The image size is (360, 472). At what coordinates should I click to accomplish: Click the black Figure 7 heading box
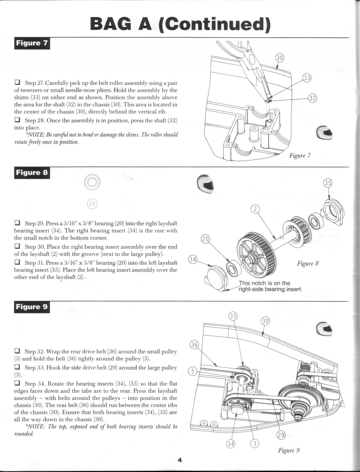[x=32, y=43]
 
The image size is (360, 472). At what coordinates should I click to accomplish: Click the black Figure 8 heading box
[x=32, y=173]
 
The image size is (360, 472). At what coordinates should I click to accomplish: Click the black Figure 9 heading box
[x=32, y=307]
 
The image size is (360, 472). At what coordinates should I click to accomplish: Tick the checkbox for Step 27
[x=17, y=83]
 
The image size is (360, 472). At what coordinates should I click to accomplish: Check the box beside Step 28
[x=17, y=120]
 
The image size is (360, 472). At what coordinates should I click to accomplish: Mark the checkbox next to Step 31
[x=17, y=262]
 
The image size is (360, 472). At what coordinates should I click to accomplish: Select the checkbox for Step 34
[x=17, y=383]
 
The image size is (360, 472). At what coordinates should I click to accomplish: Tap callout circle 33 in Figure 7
[x=307, y=78]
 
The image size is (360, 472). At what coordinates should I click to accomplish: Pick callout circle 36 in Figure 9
[x=194, y=345]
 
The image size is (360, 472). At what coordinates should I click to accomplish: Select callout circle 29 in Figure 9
[x=281, y=435]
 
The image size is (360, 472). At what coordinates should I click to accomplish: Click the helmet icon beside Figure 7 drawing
[x=323, y=133]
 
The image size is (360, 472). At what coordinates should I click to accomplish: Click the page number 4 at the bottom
[x=179, y=460]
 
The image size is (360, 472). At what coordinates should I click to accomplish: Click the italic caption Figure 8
[x=308, y=263]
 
